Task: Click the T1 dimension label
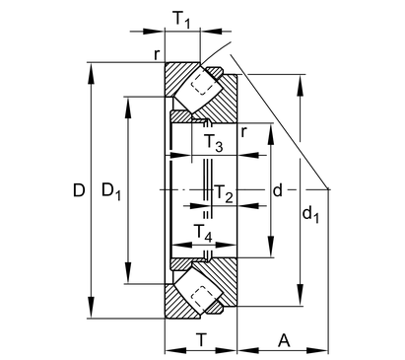point(181,20)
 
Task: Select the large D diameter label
point(79,190)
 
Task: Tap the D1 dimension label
point(111,191)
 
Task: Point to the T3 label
point(214,143)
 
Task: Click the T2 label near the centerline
point(224,193)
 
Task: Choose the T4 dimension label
point(203,233)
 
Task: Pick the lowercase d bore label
point(278,190)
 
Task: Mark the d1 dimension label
point(310,215)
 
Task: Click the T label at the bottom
point(202,339)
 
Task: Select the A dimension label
point(284,340)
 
